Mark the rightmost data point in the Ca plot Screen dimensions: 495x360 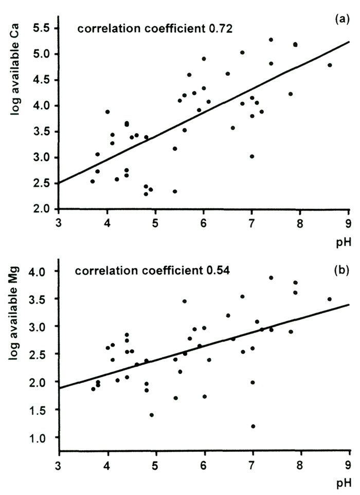coord(330,65)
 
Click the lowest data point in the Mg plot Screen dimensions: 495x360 coord(253,426)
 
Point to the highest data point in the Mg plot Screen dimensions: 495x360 coord(271,278)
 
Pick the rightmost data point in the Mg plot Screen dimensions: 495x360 coord(330,299)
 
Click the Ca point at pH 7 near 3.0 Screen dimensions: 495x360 coord(252,156)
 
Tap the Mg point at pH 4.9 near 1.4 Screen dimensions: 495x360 coord(152,415)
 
